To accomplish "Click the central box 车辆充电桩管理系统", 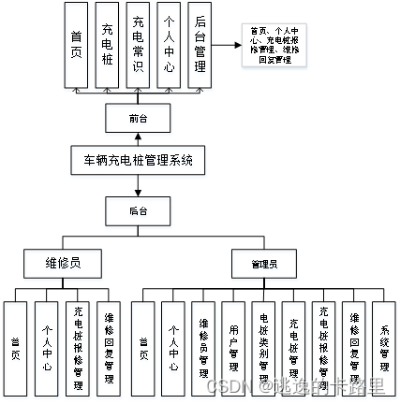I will pyautogui.click(x=137, y=160).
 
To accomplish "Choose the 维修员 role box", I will pyautogui.click(x=62, y=264).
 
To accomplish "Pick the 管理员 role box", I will pyautogui.click(x=263, y=264).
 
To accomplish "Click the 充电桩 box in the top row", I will pyautogui.click(x=110, y=46).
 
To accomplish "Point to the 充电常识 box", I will pyautogui.click(x=140, y=46).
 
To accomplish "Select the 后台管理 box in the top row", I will pyautogui.click(x=200, y=46).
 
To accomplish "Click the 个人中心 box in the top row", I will pyautogui.click(x=170, y=46).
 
